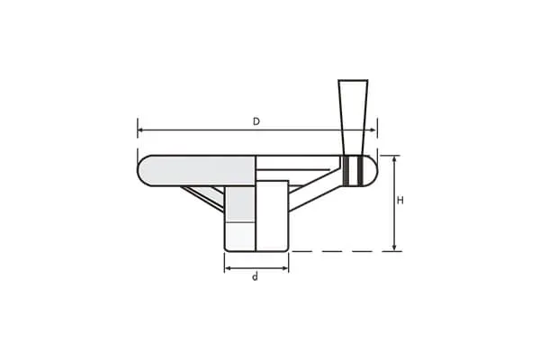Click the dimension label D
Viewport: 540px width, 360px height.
point(256,121)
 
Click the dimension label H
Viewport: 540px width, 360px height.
point(400,201)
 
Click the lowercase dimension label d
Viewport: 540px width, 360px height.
point(255,277)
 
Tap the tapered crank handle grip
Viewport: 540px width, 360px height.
point(353,118)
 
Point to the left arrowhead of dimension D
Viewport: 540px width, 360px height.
point(140,130)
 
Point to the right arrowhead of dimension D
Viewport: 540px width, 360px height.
point(373,130)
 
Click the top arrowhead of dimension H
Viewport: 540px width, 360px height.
point(395,158)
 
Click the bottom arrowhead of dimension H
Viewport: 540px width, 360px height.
point(395,247)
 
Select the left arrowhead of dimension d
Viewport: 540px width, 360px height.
point(228,268)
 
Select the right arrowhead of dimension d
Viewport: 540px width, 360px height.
point(285,268)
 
